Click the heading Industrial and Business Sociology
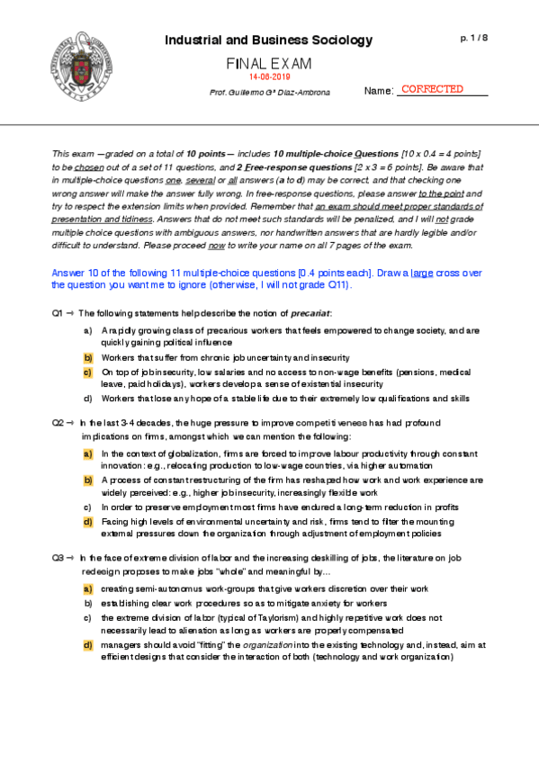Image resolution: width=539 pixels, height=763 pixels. click(268, 40)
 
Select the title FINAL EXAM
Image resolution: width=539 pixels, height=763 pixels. click(268, 64)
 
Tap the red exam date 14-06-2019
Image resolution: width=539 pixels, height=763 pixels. click(268, 78)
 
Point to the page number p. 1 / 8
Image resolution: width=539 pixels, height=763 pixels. click(473, 38)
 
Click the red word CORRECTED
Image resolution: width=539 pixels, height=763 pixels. click(432, 89)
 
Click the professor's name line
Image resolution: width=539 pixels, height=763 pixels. click(269, 93)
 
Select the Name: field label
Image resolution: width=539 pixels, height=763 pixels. click(379, 91)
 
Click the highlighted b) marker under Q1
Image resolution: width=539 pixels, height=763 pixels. click(87, 357)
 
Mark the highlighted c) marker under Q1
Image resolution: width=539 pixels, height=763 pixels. click(87, 371)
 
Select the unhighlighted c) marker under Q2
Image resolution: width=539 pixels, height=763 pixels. click(87, 507)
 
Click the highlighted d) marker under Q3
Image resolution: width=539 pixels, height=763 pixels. click(87, 645)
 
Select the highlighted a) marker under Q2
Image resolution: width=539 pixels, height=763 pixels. click(87, 453)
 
